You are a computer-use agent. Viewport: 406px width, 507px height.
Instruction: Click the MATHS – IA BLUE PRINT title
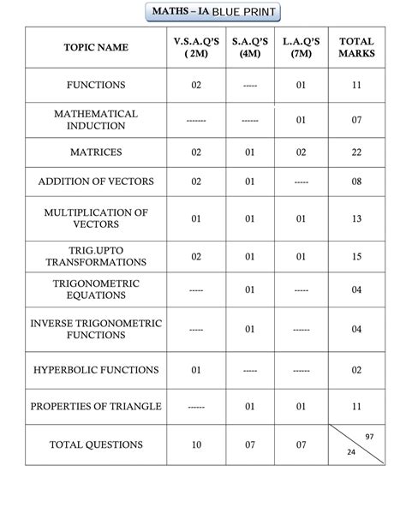[x=204, y=13]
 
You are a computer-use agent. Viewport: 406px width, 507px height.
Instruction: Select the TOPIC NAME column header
[x=96, y=48]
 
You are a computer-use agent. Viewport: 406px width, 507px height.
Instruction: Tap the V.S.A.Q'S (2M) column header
[x=196, y=48]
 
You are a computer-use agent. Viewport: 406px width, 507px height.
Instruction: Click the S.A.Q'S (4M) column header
[x=249, y=48]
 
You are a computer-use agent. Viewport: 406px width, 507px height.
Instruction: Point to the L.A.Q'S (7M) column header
[x=301, y=48]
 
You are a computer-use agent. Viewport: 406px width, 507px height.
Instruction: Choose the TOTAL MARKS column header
[x=356, y=48]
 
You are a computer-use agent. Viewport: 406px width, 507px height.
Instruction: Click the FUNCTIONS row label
[x=96, y=86]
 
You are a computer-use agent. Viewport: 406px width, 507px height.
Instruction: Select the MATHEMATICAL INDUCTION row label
[x=96, y=120]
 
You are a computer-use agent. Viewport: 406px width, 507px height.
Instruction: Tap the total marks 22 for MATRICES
[x=356, y=152]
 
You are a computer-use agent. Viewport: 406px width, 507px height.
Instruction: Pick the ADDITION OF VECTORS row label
[x=96, y=182]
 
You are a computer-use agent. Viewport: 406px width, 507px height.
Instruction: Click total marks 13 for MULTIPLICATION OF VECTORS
[x=356, y=218]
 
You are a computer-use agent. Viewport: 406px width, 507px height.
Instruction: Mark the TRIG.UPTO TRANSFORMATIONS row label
[x=96, y=256]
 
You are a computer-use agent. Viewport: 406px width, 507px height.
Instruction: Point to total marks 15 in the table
[x=356, y=256]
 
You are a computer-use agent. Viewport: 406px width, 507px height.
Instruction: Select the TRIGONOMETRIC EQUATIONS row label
[x=96, y=289]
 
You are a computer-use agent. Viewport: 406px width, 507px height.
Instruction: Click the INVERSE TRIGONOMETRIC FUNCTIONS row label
[x=96, y=330]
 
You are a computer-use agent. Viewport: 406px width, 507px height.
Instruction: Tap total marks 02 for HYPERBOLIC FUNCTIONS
[x=356, y=371]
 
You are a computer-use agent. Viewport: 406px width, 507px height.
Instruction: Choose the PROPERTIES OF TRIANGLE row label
[x=96, y=406]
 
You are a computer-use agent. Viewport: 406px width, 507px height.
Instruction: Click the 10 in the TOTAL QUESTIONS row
[x=196, y=445]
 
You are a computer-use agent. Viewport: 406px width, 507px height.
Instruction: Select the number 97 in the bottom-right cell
[x=369, y=437]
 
